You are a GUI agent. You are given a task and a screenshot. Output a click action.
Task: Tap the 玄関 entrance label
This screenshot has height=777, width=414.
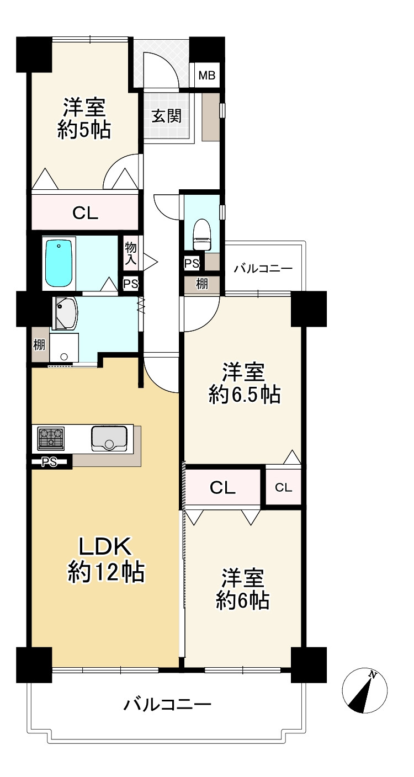[x=167, y=116]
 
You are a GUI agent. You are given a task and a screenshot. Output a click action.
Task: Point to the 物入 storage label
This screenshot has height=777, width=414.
[x=130, y=253]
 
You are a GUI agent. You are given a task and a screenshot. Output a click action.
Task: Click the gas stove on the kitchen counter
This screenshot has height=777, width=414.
[x=51, y=439]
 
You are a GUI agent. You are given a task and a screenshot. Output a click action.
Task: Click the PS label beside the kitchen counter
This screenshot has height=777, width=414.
[x=50, y=462]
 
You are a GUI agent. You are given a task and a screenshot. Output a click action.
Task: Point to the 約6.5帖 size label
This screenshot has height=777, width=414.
[x=244, y=395]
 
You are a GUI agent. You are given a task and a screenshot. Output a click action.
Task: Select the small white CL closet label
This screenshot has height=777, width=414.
[x=284, y=487]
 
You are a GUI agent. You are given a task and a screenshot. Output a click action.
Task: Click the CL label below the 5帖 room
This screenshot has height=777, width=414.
[x=86, y=213]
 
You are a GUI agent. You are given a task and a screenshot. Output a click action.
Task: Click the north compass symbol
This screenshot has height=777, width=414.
[x=365, y=690]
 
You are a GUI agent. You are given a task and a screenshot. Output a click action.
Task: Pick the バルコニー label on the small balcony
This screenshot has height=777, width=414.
[x=263, y=269]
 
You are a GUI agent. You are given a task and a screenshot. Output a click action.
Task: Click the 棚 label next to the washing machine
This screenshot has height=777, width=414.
[x=39, y=346]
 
